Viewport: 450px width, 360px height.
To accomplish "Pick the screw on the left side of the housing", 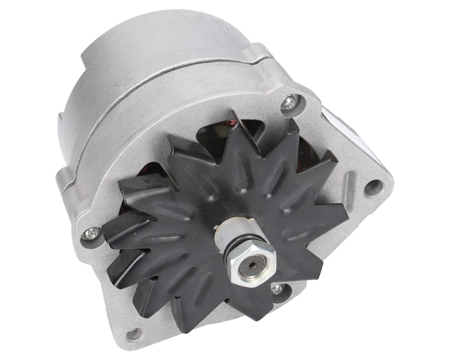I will click(x=91, y=233).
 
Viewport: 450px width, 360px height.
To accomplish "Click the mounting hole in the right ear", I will click(x=373, y=188).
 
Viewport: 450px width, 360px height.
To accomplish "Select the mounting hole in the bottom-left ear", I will click(x=134, y=334).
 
